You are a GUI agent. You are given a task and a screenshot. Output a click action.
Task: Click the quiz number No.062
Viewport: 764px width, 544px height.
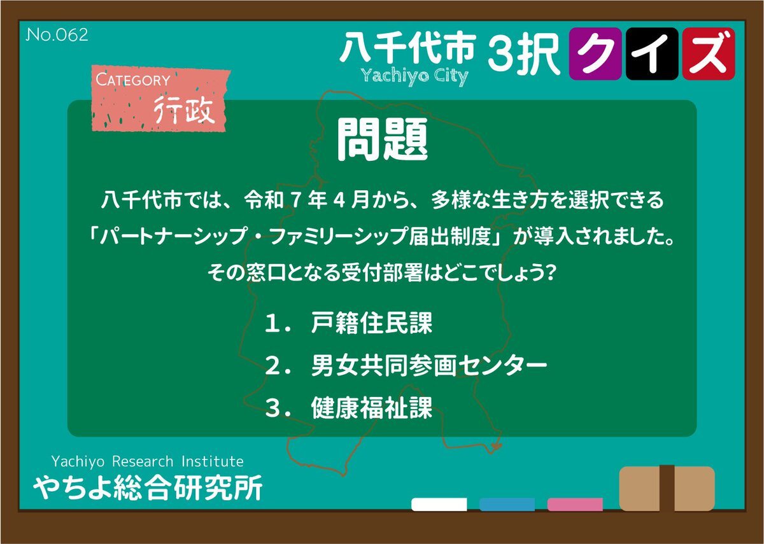coord(57,35)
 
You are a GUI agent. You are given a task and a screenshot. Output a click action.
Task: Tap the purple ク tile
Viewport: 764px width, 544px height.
coord(595,54)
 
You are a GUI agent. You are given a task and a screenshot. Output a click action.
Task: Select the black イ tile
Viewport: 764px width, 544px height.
coord(652,54)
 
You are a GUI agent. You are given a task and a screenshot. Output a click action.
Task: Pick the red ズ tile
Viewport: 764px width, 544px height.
coord(709,54)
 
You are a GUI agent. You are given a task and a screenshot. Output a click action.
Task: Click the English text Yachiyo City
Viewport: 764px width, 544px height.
coord(414,76)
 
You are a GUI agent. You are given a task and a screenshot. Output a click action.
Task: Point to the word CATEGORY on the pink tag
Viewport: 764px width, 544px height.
coord(133,80)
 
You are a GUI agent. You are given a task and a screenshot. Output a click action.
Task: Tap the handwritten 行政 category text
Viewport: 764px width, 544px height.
coord(184,109)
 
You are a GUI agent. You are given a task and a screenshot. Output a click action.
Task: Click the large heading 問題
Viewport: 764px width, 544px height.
coord(382,140)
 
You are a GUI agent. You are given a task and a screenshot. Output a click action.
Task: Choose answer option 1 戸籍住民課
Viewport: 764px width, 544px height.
coord(348,323)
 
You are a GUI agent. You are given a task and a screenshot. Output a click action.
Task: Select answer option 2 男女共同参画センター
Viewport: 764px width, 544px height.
coord(406,365)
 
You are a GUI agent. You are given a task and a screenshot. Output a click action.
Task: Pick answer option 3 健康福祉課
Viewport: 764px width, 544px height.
coord(348,407)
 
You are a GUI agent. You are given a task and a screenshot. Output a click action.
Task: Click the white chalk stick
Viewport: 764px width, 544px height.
coord(439,505)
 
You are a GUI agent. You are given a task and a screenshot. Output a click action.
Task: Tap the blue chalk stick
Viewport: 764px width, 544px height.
coord(507,505)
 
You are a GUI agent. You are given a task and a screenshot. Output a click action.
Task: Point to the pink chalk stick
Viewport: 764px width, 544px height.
coord(575,505)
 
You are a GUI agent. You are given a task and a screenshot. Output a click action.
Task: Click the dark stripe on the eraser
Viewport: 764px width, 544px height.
coord(667,488)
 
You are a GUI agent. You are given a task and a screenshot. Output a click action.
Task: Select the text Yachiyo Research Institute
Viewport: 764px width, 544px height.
coord(147,461)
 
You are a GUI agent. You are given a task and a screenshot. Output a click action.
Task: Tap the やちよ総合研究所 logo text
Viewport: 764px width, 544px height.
coord(148,488)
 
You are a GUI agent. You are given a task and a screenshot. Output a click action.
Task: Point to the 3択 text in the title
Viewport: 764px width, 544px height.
coord(524,54)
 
